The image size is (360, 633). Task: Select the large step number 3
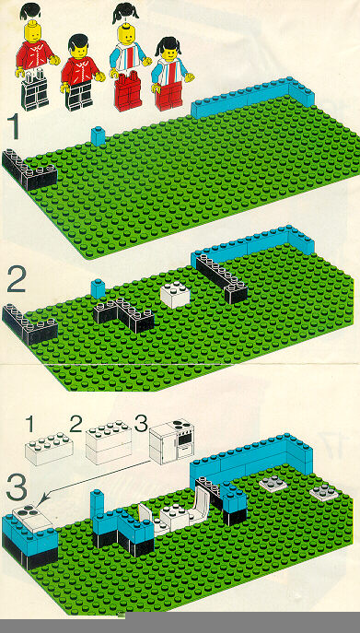(x=17, y=488)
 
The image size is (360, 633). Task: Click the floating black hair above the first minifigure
(x=29, y=11)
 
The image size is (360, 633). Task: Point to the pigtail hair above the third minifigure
(x=125, y=13)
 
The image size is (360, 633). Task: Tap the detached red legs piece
(x=128, y=91)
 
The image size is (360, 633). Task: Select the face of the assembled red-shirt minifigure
(x=79, y=51)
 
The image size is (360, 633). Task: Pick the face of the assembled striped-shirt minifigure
(x=169, y=52)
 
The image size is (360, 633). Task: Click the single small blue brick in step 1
(x=99, y=136)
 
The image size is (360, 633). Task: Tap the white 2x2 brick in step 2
(x=175, y=295)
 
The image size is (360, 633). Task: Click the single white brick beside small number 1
(x=49, y=449)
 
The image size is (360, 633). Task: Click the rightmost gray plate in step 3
(x=325, y=492)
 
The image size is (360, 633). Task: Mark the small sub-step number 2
(x=75, y=424)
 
